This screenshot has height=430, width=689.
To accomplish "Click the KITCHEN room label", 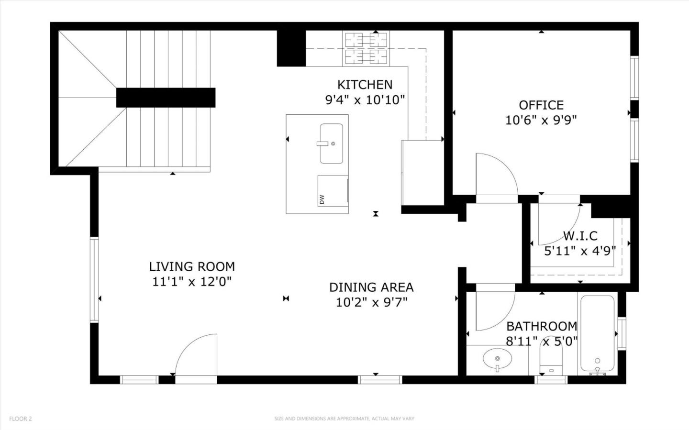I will (365, 85).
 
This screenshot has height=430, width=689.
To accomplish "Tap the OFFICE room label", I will (541, 105).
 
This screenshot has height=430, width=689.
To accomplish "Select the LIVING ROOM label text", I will (192, 266).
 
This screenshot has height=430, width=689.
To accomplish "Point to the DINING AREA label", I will (371, 287).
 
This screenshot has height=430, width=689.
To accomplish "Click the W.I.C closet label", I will (580, 236).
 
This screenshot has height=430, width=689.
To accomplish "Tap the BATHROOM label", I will (541, 326).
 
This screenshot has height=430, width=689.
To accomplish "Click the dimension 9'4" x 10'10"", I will (365, 100).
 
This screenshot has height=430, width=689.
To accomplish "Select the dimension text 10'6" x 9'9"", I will (541, 120).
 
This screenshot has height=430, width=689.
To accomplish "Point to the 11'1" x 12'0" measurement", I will (192, 282).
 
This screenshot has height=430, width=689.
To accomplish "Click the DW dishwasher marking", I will (322, 198).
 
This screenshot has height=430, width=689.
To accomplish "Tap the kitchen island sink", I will (331, 143).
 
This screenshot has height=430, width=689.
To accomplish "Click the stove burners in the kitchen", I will (366, 48).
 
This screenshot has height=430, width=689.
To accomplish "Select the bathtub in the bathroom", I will (597, 333).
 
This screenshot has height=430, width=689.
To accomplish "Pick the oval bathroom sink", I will (497, 358).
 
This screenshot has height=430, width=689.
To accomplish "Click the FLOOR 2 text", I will (21, 419).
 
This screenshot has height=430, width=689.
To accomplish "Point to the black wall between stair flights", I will (166, 98).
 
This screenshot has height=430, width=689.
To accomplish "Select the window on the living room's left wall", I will (94, 279).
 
